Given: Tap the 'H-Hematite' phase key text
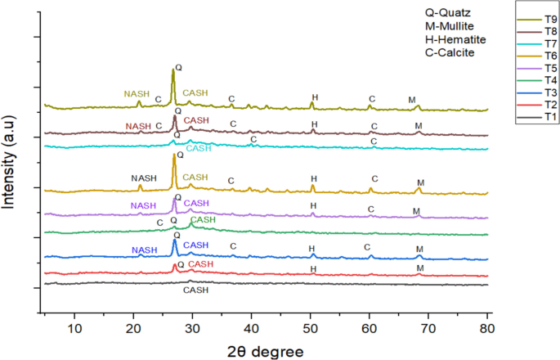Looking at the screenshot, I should tap(450, 40).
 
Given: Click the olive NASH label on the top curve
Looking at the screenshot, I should tap(137, 93).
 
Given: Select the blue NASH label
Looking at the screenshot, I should tap(144, 250).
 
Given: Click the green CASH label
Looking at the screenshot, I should tap(203, 221).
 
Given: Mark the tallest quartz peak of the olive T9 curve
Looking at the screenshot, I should tap(172, 70).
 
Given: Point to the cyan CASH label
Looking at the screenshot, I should tap(199, 149).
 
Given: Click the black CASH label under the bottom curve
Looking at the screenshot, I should tap(195, 290).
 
